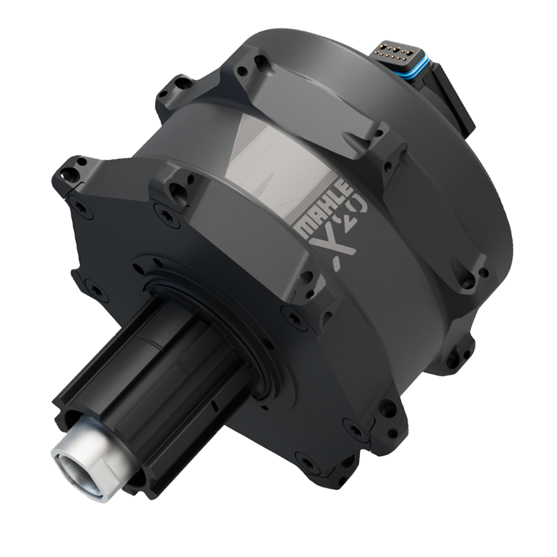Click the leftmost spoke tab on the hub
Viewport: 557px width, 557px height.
(70, 173)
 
